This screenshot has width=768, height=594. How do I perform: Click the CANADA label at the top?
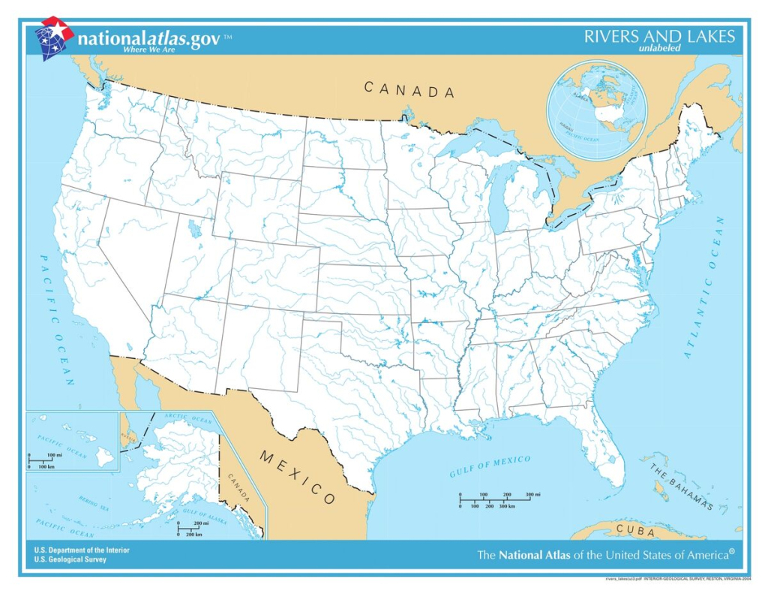click(x=409, y=90)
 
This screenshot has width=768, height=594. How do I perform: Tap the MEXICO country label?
click(x=298, y=478)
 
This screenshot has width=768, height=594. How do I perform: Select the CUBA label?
click(x=634, y=531)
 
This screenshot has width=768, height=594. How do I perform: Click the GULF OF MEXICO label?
click(x=490, y=466)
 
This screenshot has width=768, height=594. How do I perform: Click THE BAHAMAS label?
click(x=681, y=487)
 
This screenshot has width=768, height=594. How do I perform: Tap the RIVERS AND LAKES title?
click(x=659, y=37)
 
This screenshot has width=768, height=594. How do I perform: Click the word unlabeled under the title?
click(x=659, y=49)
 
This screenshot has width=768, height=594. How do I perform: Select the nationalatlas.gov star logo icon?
click(x=53, y=37)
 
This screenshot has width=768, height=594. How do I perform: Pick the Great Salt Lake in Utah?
click(x=194, y=227)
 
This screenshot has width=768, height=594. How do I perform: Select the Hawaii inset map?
click(x=73, y=441)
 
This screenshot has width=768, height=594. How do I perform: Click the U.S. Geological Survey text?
click(x=70, y=559)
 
